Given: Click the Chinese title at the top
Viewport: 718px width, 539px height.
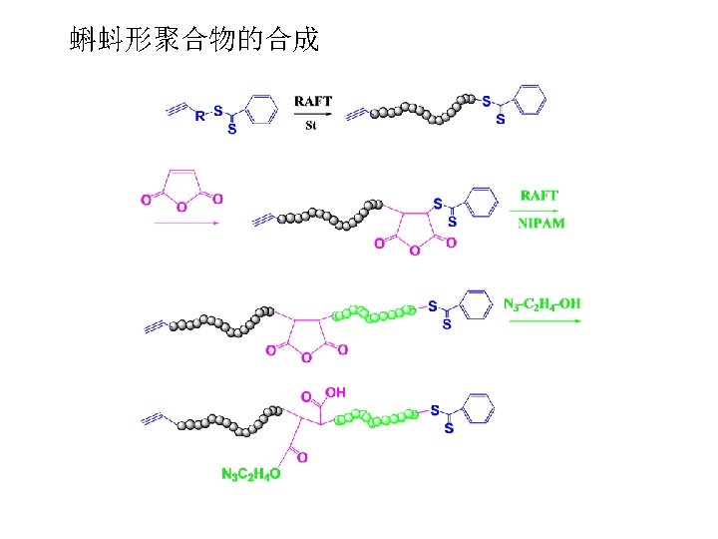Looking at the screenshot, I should [x=194, y=40].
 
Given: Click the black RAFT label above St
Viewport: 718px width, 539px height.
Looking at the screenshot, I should [x=313, y=100].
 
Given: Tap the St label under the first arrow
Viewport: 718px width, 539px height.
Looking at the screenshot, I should [x=311, y=127].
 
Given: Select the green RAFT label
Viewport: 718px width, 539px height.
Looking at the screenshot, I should [x=539, y=197].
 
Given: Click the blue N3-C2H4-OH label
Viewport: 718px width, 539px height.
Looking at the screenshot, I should [x=542, y=303].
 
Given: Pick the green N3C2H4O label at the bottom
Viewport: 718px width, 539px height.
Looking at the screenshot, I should [x=250, y=475].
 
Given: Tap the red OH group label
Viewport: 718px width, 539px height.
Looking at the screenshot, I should [x=334, y=393].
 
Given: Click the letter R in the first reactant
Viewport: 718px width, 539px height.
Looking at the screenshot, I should [x=199, y=116].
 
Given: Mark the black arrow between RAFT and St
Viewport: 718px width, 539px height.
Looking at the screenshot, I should [x=312, y=114].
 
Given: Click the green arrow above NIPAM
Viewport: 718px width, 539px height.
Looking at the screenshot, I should [x=539, y=211].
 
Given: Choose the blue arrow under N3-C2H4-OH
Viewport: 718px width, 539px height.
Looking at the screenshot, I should [x=542, y=320].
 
